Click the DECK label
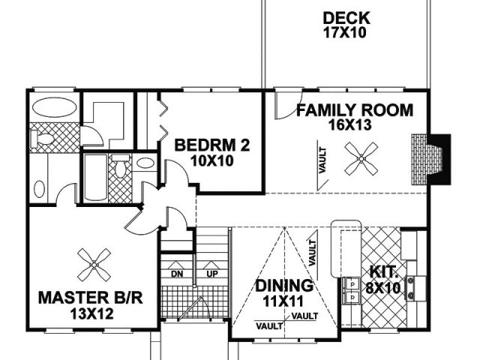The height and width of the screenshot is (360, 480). (x=346, y=18)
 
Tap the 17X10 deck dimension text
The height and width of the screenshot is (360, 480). (x=345, y=32)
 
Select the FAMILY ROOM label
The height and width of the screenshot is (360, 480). (x=355, y=110)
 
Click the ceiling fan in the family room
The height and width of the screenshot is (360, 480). (x=361, y=158)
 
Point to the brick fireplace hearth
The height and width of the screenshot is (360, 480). (x=419, y=159)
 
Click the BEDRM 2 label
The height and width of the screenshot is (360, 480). (x=211, y=145)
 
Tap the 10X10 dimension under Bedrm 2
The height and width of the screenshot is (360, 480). (x=211, y=160)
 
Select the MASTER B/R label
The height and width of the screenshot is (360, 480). (x=91, y=298)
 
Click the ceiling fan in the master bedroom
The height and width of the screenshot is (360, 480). (x=94, y=265)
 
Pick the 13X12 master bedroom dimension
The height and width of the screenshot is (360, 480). (x=91, y=313)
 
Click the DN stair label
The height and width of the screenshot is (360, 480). (x=177, y=274)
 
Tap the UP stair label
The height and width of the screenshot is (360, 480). (x=212, y=274)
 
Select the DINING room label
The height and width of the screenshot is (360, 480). (x=284, y=286)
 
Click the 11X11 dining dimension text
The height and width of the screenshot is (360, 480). (x=283, y=301)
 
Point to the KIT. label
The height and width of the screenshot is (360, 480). (x=383, y=271)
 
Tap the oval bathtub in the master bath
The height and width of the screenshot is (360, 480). (x=55, y=107)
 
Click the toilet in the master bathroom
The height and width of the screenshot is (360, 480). (x=43, y=139)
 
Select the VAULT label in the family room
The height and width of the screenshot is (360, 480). (x=322, y=160)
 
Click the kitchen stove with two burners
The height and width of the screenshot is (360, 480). (x=415, y=288)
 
